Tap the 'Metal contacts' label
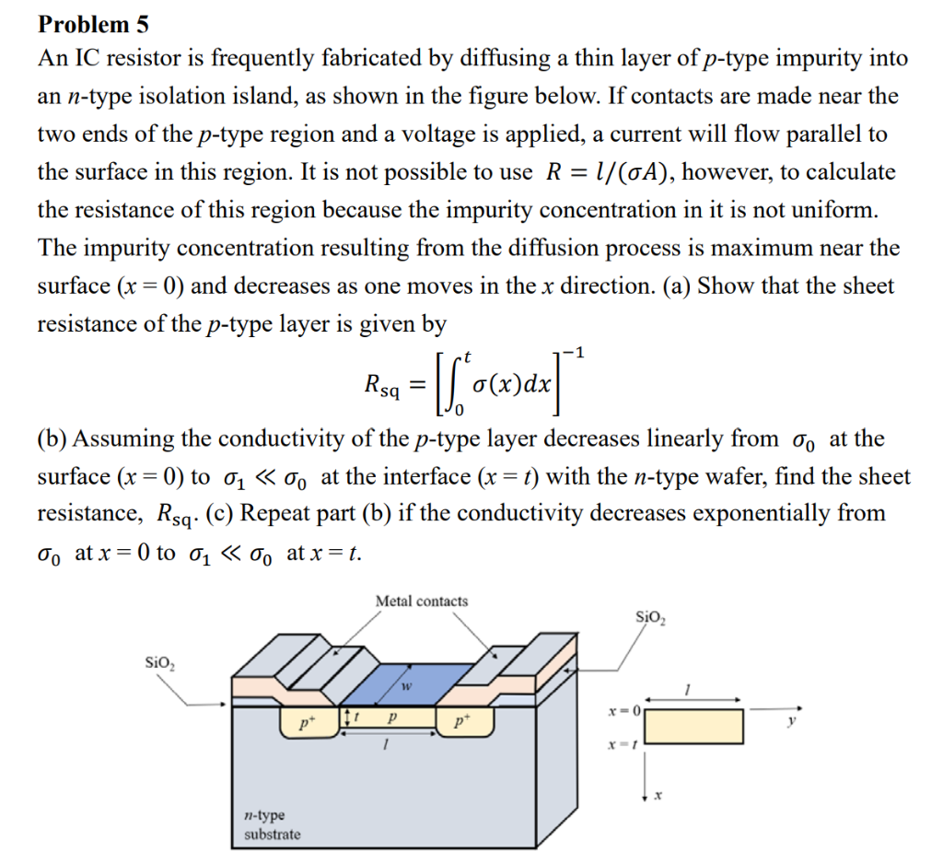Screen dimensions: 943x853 pyautogui.click(x=422, y=602)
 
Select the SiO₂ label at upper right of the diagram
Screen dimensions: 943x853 pyautogui.click(x=654, y=617)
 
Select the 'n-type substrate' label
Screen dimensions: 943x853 pyautogui.click(x=272, y=825)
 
